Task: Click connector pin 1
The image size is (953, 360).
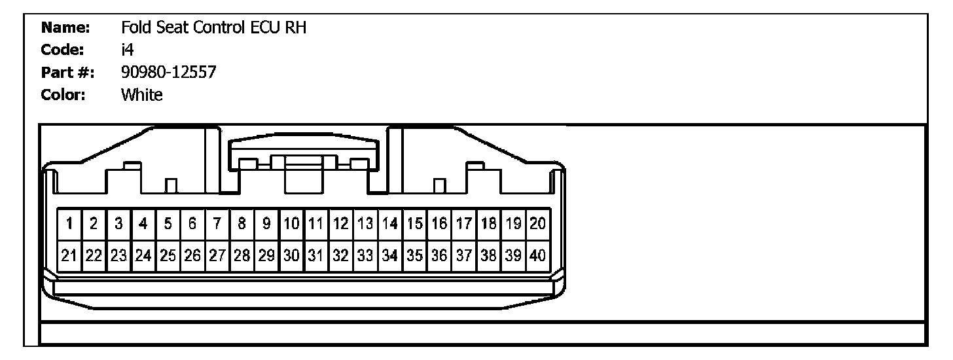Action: point(69,224)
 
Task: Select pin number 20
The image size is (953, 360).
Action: point(537,224)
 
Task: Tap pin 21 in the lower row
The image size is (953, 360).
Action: point(69,255)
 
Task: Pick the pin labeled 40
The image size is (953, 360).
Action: point(537,255)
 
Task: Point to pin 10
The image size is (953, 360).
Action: point(291,224)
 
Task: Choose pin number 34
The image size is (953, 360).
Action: point(390,255)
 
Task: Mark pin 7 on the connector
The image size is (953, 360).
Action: point(217,224)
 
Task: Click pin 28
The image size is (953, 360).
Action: point(242,255)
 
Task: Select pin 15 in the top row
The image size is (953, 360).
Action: point(414,224)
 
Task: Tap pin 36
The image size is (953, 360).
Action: point(439,255)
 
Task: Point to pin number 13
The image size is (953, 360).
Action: point(365,224)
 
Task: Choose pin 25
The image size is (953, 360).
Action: point(168,255)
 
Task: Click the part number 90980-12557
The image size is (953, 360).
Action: point(168,73)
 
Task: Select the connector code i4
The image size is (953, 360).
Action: point(128,50)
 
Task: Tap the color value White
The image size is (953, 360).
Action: point(141,95)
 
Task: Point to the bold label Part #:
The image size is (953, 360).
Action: point(67,73)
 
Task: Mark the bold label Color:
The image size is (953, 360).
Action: point(64,95)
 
